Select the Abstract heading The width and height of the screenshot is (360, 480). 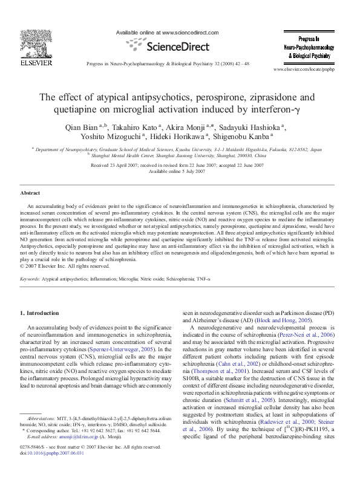30,192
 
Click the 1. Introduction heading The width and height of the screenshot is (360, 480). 40,313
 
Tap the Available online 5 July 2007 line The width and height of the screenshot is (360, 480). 180,171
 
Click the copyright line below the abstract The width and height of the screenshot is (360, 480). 65,265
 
